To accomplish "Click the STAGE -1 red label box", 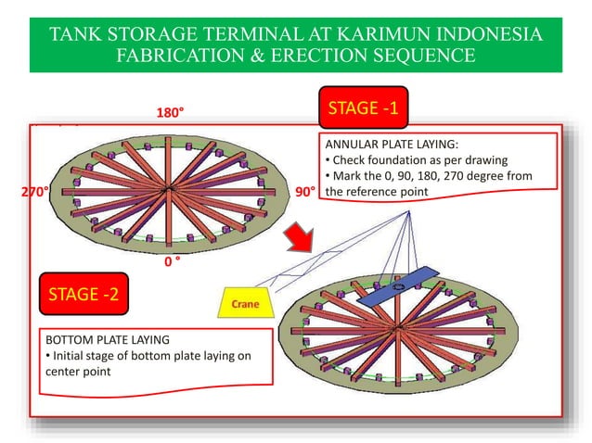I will click(364, 109).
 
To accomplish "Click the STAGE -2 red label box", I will click(84, 295).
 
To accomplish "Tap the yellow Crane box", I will click(246, 303).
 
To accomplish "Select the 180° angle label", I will click(170, 112).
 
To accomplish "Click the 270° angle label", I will click(33, 193).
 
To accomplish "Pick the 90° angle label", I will click(305, 193).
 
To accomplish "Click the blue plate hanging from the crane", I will click(396, 288).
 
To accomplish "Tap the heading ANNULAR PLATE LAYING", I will click(391, 144).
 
